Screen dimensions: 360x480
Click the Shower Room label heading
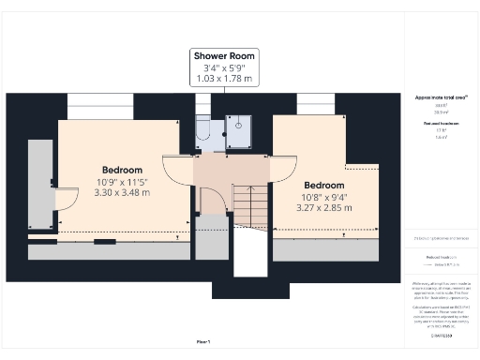pos(224,55)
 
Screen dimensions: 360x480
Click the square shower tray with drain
pos(240,133)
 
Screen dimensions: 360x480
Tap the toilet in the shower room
pos(203,138)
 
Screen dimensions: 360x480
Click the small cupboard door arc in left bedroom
pos(67,199)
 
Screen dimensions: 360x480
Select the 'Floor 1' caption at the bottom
pos(203,341)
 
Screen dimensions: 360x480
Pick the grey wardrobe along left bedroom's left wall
pos(40,184)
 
